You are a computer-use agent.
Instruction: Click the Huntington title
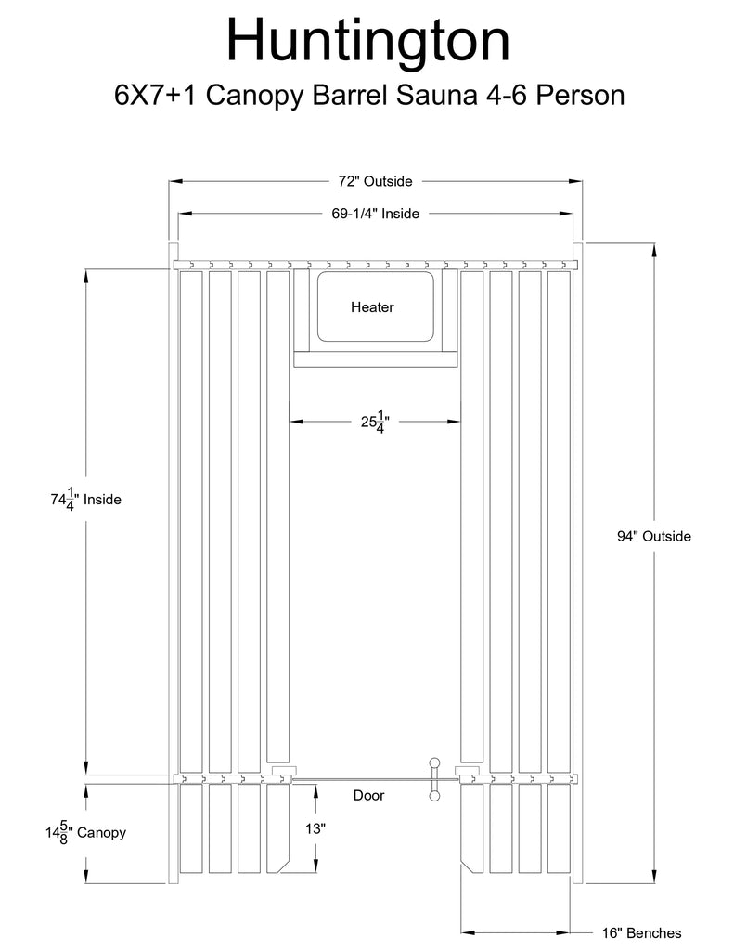367,41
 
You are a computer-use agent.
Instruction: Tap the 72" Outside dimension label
375,181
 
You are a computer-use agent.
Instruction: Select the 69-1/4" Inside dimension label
375,214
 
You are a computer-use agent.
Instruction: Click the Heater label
372,306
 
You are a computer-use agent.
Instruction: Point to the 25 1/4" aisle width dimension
375,422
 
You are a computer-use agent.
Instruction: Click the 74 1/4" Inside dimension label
86,499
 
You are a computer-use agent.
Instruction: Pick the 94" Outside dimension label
654,536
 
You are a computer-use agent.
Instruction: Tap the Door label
368,795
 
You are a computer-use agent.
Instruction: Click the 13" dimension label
315,827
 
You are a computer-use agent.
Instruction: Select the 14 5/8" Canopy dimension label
85,832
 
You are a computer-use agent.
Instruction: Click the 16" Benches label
641,932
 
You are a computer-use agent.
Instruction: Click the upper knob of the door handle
434,762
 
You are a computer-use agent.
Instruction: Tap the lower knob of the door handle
434,796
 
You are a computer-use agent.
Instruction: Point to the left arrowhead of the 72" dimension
175,181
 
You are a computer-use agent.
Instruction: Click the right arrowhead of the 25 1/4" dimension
454,422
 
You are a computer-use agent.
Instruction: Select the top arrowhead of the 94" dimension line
654,251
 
